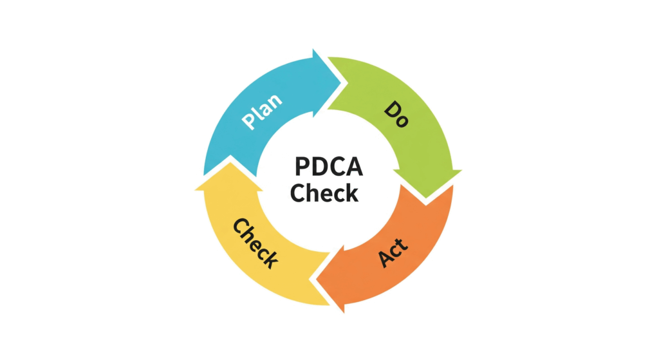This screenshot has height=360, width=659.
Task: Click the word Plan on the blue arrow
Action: coord(261,111)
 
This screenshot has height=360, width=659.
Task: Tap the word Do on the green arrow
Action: coord(396,114)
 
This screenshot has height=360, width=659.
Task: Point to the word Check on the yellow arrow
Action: coord(255,243)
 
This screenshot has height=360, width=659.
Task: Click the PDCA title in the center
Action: coord(329,167)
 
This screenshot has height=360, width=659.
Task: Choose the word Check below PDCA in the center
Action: coord(324,193)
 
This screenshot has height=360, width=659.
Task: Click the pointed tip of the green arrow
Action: coord(426,198)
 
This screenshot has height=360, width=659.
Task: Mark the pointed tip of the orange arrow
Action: coord(316,279)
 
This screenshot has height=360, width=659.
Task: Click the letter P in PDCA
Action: coord(302,167)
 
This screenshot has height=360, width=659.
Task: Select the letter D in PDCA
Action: coord(319,167)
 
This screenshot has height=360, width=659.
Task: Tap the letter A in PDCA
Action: coord(355,167)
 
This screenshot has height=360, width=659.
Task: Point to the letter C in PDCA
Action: coord(337,167)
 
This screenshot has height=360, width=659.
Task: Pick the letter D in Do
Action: coord(392,109)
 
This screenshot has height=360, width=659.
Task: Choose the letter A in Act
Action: coord(385,260)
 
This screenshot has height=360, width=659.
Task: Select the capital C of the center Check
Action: coord(298,193)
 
